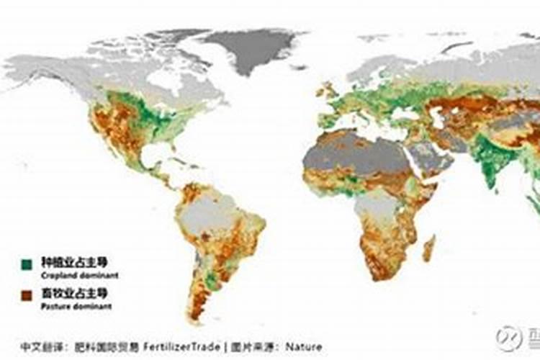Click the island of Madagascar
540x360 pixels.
(428, 249)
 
